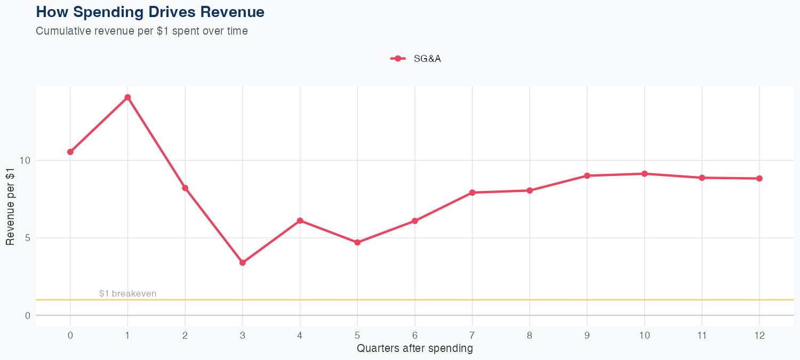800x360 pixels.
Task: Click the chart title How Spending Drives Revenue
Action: (150, 12)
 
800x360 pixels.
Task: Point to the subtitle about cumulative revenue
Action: (142, 31)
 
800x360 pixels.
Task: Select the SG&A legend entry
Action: (416, 59)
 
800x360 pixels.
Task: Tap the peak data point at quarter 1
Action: (127, 98)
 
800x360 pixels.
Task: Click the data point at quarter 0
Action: (70, 152)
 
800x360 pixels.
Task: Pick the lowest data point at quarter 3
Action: (243, 262)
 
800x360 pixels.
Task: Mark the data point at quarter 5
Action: (357, 243)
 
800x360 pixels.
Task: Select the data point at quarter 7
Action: (472, 193)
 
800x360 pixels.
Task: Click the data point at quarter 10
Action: (644, 174)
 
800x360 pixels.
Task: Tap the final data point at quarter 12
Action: (759, 179)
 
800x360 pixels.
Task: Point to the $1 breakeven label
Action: (127, 294)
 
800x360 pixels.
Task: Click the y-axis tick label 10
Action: (26, 161)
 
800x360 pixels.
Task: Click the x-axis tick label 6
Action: (414, 335)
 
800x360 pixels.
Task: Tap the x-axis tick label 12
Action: (759, 335)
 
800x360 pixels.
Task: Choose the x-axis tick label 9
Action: (587, 335)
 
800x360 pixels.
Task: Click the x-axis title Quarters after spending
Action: (414, 349)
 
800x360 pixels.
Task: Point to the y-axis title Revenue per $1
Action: (10, 206)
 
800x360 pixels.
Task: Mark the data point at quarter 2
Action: (185, 188)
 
